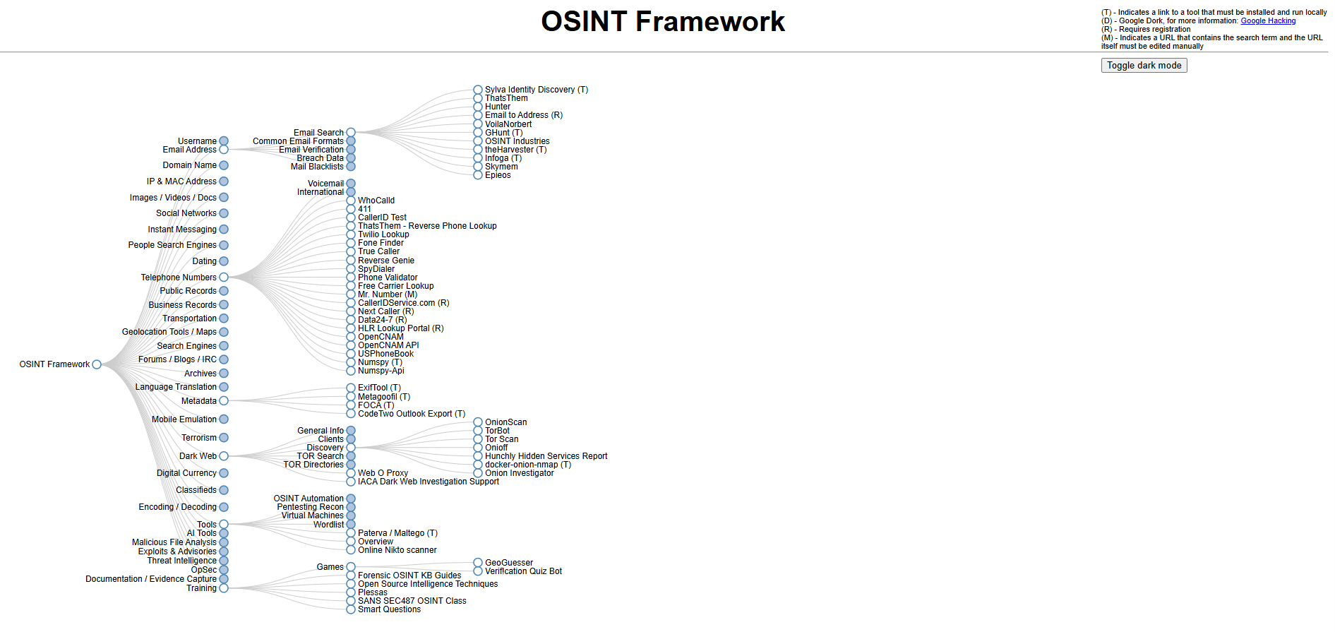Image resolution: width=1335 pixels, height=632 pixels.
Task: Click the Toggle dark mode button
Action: (1144, 66)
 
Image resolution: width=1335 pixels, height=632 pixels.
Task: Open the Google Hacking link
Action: (1268, 21)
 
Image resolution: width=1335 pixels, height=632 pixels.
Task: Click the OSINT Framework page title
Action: (662, 22)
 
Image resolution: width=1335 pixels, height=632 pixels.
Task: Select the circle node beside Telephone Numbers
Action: (224, 278)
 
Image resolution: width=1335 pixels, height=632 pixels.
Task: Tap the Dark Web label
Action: (198, 456)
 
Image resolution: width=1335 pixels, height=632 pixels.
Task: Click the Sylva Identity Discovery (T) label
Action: (536, 90)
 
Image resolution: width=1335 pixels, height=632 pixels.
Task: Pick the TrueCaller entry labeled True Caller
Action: (378, 251)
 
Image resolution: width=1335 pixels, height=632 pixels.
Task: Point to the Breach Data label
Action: (320, 158)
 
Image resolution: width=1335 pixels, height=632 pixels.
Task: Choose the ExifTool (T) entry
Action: (379, 388)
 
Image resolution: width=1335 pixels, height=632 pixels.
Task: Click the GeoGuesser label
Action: (509, 563)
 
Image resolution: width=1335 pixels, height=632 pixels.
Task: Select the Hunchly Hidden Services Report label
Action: (546, 456)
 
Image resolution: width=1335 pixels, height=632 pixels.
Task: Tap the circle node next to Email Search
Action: (351, 133)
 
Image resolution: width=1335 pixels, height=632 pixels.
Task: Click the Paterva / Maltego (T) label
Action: (397, 533)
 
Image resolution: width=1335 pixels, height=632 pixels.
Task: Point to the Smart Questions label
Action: (389, 609)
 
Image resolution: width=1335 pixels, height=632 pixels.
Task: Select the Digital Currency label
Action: (186, 473)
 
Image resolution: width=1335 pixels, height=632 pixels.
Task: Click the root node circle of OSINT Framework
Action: (97, 364)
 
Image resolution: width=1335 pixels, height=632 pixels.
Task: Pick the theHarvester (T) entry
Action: (515, 150)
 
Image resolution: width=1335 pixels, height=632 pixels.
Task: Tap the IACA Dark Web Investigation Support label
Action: (428, 482)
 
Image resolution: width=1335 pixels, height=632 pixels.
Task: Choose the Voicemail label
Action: (325, 184)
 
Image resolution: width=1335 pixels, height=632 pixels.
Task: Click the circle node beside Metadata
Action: (224, 401)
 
